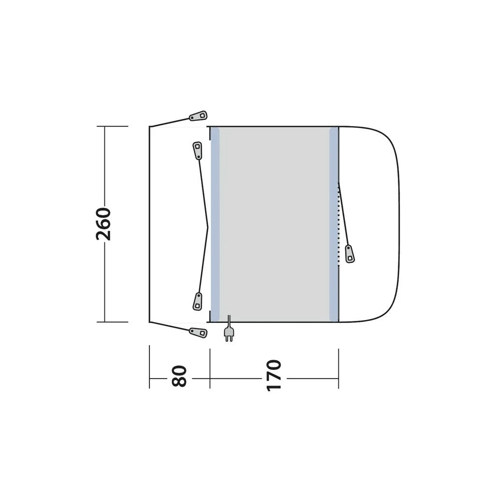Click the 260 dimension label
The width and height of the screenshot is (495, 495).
[x=104, y=224]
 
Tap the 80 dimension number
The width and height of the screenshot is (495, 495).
[x=179, y=376]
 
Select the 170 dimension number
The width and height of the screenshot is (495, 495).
[x=274, y=375]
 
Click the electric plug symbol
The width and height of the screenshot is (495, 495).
[x=229, y=333]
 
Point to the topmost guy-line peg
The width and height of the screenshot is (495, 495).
[x=198, y=116]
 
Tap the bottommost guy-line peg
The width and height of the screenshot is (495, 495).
[x=198, y=332]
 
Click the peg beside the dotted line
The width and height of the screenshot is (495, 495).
[x=349, y=254]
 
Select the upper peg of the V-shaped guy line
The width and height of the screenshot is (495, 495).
[x=197, y=150]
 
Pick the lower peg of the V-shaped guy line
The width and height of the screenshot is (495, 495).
[x=197, y=301]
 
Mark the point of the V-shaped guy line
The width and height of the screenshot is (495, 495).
[x=208, y=227]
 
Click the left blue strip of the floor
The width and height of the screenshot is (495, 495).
[x=215, y=224]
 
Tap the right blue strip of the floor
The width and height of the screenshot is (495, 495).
[x=334, y=224]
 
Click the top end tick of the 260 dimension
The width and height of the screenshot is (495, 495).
[x=112, y=126]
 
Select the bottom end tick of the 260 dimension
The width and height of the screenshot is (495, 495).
[x=112, y=322]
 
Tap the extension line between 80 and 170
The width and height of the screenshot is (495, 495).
[x=210, y=367]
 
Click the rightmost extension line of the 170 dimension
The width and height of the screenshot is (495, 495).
[x=338, y=367]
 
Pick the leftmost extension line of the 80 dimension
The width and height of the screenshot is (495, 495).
[x=149, y=367]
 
